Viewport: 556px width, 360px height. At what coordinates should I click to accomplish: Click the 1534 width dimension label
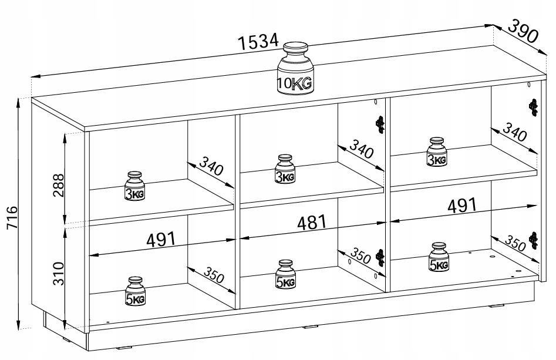258,42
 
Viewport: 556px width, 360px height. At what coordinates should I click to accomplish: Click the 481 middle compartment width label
312,223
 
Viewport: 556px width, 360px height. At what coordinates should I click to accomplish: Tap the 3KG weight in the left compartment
135,186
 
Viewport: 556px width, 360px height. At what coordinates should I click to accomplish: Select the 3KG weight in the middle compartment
285,169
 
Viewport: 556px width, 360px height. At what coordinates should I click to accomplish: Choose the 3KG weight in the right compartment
437,152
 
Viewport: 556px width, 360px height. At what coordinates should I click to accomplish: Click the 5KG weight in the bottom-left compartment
135,291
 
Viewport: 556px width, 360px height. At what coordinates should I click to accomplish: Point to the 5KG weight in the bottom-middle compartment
286,274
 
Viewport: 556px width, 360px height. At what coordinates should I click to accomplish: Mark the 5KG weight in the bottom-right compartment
439,257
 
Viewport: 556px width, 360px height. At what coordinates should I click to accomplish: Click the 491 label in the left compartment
161,240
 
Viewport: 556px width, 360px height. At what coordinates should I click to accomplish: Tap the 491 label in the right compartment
462,206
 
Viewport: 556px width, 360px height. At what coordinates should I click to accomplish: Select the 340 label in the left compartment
211,165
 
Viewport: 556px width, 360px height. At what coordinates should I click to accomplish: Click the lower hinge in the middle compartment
380,257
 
